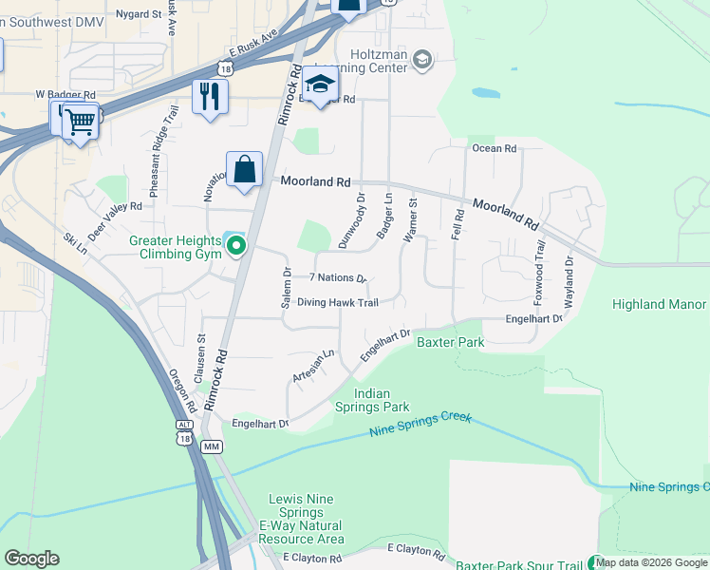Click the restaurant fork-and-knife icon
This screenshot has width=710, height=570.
point(210,96)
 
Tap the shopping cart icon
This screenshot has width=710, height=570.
point(81,120)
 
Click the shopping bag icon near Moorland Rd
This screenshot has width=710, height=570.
point(244,169)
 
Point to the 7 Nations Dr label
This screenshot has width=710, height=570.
point(337,278)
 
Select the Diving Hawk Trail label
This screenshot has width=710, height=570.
point(337,303)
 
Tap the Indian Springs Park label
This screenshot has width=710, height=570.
point(382,400)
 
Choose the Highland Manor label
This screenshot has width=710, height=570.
point(659,304)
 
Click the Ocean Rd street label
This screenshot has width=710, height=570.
point(494,148)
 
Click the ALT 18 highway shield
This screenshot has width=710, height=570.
point(182,433)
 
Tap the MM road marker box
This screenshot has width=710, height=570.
point(212,446)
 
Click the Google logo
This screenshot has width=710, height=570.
point(31,559)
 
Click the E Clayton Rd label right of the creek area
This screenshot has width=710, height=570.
point(416,552)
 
